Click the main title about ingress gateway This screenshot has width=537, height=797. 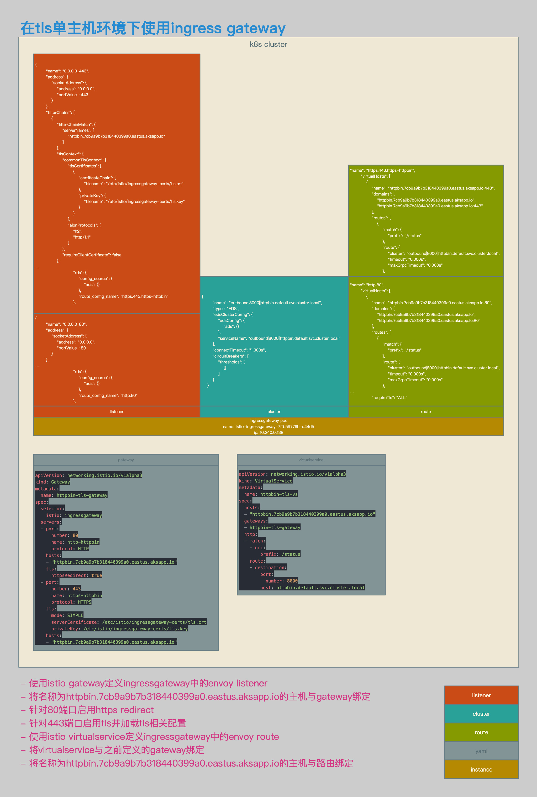point(153,28)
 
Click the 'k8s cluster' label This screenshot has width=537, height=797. point(268,44)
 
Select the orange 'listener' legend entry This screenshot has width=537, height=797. point(481,695)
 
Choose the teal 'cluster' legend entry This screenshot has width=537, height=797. point(481,714)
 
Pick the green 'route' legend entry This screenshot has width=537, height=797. point(481,732)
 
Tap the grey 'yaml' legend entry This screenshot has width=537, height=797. point(481,751)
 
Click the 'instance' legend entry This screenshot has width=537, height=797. point(481,769)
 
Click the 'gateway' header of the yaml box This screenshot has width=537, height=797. point(126,460)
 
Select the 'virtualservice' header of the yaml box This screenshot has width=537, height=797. point(311,460)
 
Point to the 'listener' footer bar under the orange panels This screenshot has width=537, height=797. point(116,411)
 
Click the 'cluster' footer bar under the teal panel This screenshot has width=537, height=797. point(274,411)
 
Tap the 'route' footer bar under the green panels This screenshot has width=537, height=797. point(426,411)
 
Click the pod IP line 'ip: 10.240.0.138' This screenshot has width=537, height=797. point(268,432)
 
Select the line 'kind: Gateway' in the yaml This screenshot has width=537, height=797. point(52,482)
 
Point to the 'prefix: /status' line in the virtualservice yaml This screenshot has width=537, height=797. point(280,554)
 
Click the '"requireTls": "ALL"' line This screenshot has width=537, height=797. point(389,397)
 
